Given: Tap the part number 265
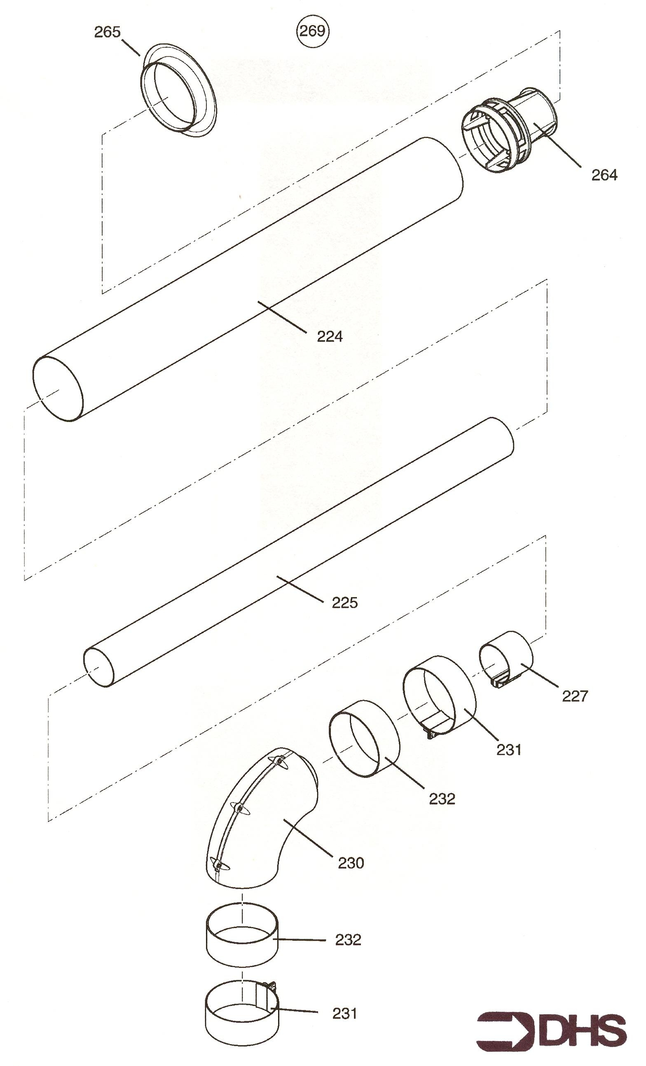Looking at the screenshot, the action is (x=107, y=32).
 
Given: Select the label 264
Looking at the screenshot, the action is (x=604, y=175).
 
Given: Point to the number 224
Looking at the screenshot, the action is (x=330, y=336).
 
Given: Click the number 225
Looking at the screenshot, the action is (x=345, y=603).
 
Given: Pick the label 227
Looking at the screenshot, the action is (x=575, y=696).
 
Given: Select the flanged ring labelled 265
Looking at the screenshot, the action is (x=178, y=90).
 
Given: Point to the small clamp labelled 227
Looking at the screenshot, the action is (x=506, y=658).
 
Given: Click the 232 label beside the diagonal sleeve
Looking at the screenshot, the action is (x=442, y=799).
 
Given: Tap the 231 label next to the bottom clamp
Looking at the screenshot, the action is (x=345, y=1013).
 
